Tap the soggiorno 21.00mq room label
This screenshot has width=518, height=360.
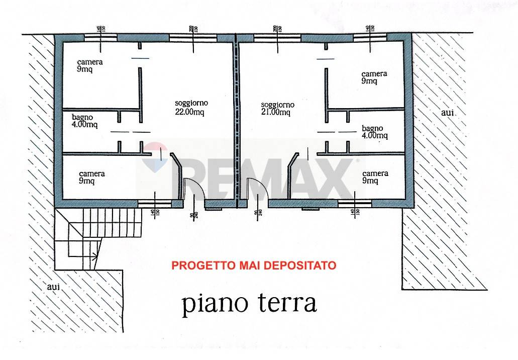277,109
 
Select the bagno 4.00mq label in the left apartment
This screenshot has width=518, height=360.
84,121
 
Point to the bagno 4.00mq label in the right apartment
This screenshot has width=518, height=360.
374,132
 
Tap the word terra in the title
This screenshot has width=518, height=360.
288,304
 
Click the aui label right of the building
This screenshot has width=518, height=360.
447,113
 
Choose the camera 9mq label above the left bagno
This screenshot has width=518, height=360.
90,65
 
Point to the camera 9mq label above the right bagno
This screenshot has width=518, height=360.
374,77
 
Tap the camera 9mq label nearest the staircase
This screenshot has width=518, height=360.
92,177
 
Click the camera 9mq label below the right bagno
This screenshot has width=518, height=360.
375,177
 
